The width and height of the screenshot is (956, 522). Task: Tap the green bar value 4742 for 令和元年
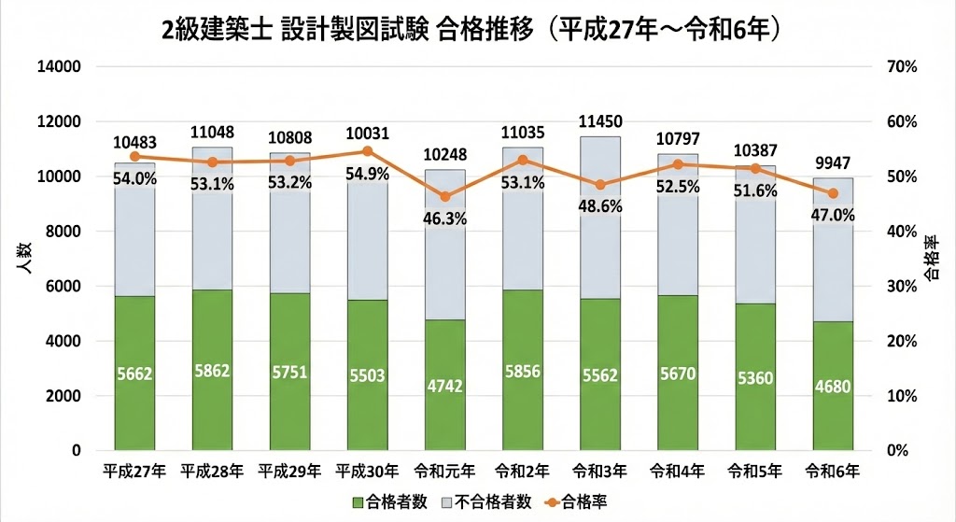[x=444, y=386]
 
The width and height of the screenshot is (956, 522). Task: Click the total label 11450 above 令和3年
[x=600, y=121]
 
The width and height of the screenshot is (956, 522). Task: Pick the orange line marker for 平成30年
[x=367, y=151]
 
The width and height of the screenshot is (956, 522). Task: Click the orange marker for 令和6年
[x=833, y=193]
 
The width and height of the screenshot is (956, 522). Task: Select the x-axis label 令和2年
[x=522, y=471]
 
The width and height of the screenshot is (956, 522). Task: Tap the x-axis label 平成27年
[x=134, y=471]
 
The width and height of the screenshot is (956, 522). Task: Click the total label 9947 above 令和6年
[x=833, y=163]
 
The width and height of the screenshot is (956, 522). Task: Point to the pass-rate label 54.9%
[x=367, y=175]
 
